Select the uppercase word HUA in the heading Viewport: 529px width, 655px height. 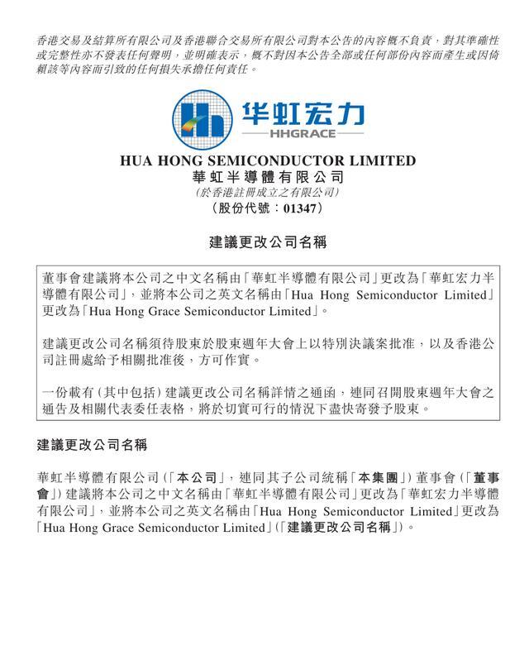[137, 160]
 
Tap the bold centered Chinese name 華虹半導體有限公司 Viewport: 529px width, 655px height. [265, 177]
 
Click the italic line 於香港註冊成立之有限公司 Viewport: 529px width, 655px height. [264, 193]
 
